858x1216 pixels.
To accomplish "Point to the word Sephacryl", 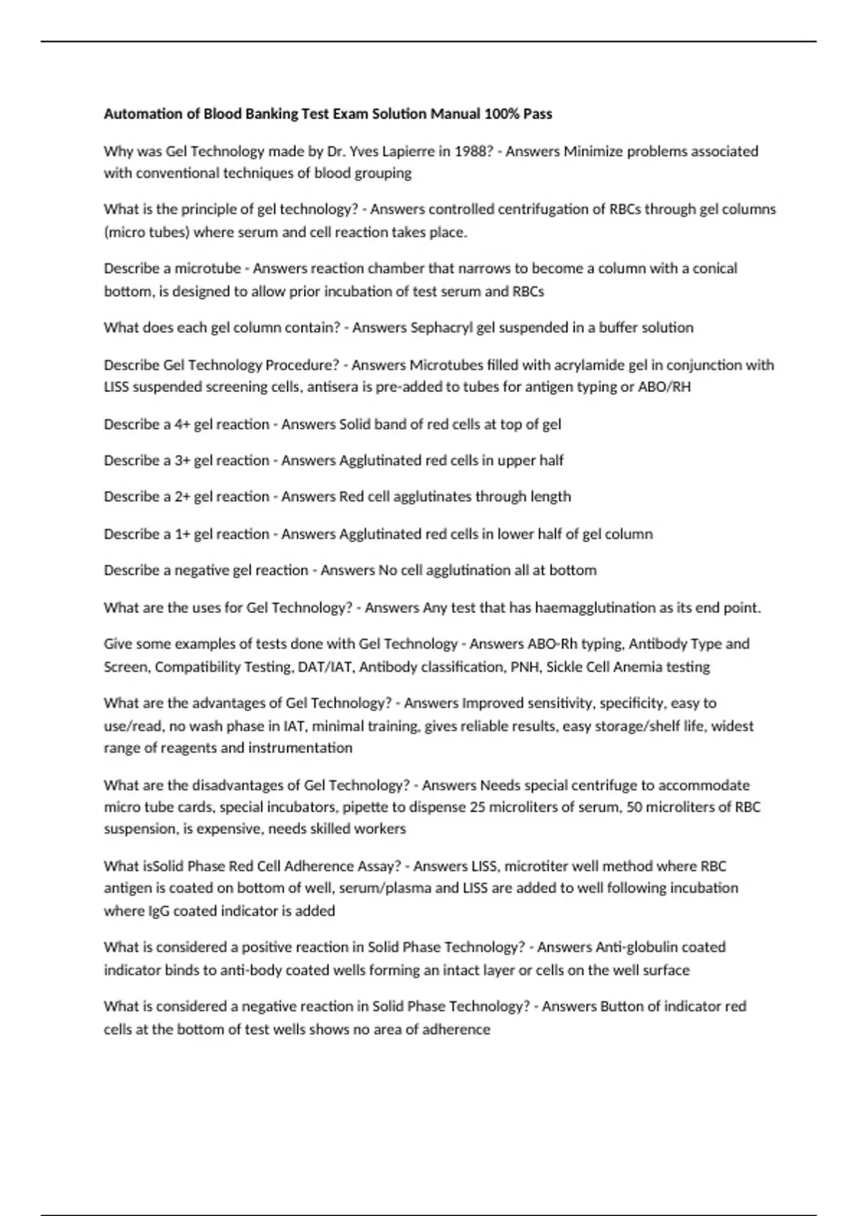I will coord(441,328).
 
